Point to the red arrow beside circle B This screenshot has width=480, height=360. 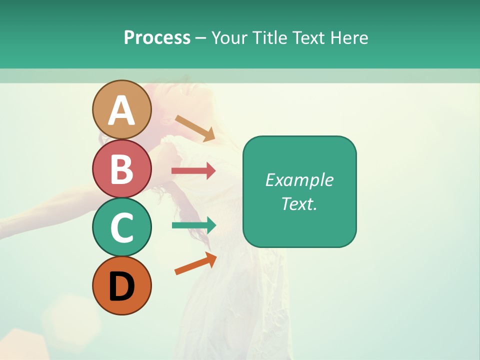193,171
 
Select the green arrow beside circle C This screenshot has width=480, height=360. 194,225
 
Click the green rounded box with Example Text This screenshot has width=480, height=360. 299,192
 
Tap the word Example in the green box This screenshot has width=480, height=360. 299,180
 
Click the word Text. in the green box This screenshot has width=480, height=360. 299,204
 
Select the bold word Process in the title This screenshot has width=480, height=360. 157,37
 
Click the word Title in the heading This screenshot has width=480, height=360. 269,37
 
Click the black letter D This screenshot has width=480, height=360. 121,287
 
